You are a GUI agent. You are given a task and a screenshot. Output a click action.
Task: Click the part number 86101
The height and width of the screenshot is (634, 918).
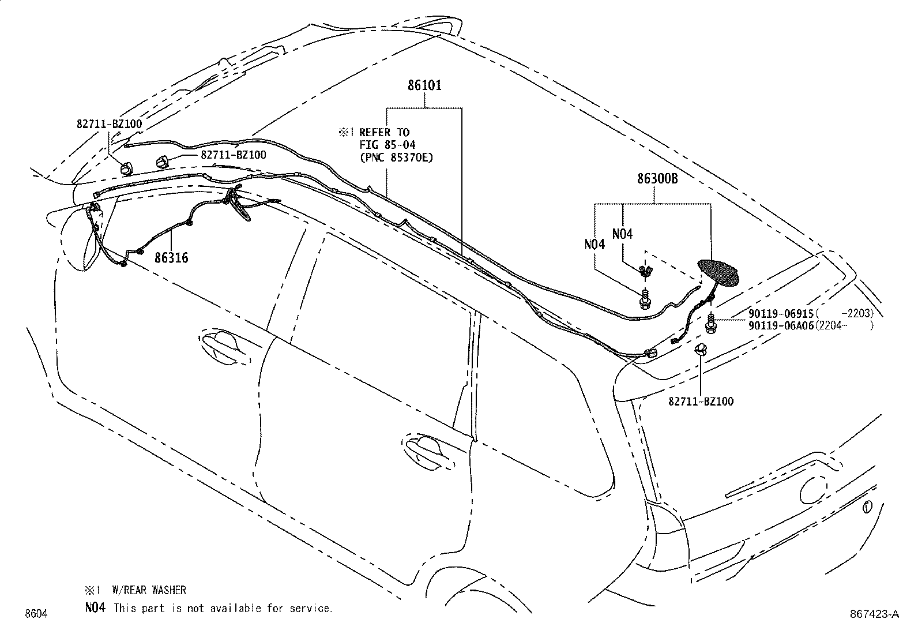[424, 86]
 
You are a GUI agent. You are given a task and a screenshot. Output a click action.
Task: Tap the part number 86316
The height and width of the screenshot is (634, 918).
[171, 258]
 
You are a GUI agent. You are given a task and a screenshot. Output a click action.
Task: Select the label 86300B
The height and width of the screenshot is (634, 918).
[657, 179]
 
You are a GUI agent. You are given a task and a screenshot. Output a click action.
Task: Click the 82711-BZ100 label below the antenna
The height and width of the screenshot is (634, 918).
[701, 402]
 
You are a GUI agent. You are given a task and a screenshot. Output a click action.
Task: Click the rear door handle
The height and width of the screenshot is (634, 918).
[427, 448]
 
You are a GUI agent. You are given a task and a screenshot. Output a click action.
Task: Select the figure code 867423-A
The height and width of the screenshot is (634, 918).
[874, 615]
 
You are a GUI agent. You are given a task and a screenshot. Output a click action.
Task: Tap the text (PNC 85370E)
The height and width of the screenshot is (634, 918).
[396, 156]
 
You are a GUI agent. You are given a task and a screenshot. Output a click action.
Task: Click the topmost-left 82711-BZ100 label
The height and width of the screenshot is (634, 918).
[109, 123]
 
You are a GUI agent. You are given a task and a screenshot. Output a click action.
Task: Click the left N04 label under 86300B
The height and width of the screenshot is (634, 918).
[595, 244]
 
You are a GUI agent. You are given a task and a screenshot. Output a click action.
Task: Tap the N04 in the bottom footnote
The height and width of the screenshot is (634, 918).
[95, 607]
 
